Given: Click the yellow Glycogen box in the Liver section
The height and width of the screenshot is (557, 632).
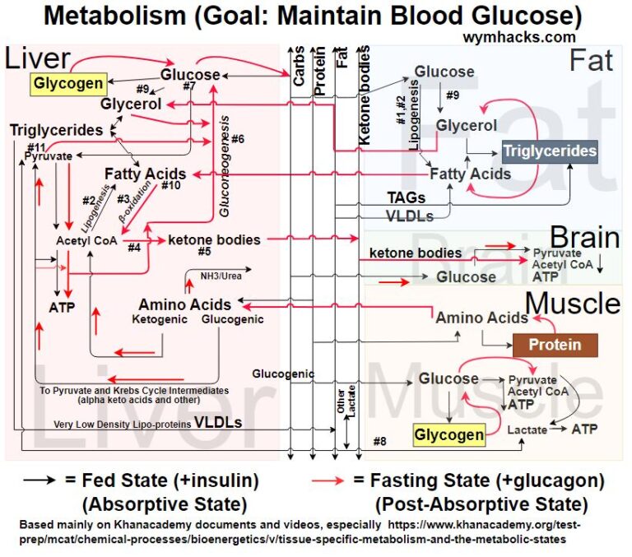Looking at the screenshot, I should [x=69, y=82].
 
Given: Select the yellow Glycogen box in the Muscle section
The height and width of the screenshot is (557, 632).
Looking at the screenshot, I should [x=448, y=434].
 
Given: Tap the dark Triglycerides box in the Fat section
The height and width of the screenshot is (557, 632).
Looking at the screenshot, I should [x=550, y=151].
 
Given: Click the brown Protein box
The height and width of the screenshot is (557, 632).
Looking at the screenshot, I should [x=554, y=345].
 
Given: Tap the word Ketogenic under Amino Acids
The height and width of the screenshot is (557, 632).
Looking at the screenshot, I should [x=159, y=319].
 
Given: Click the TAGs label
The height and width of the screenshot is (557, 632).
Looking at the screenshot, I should [x=407, y=197].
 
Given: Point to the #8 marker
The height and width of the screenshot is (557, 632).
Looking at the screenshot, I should [x=380, y=442].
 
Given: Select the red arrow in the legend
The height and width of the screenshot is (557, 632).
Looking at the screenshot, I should [x=331, y=479].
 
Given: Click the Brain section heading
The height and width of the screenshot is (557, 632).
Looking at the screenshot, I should [x=584, y=239].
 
